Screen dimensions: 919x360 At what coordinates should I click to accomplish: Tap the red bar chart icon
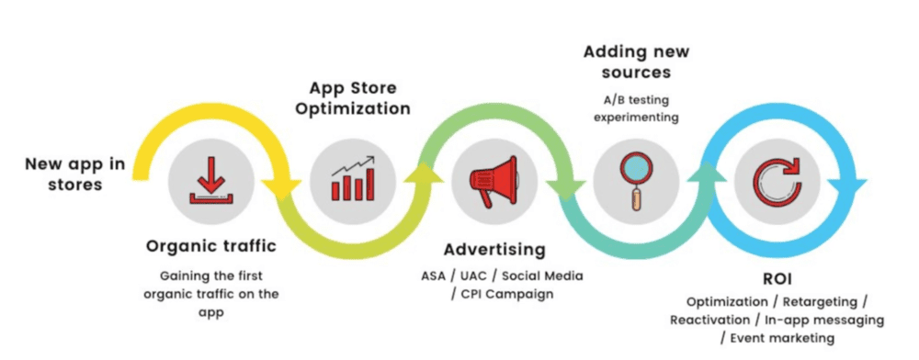pyautogui.click(x=353, y=178)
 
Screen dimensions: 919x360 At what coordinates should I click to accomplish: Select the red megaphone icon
pyautogui.click(x=493, y=181)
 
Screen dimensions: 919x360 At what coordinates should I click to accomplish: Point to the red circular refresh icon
pyautogui.click(x=777, y=180)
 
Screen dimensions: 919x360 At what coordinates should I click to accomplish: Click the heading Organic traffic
pyautogui.click(x=211, y=246)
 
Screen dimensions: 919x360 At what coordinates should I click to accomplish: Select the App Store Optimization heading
pyautogui.click(x=353, y=98)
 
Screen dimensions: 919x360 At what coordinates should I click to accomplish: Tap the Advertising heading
pyautogui.click(x=494, y=250)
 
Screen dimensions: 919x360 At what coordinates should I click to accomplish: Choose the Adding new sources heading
pyautogui.click(x=636, y=62)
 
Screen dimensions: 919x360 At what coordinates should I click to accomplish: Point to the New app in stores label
pyautogui.click(x=75, y=174)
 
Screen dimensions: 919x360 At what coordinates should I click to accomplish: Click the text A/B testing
pyautogui.click(x=636, y=99)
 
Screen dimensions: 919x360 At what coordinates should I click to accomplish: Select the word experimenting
pyautogui.click(x=636, y=117)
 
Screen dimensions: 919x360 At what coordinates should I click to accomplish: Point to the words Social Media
pyautogui.click(x=543, y=276)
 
